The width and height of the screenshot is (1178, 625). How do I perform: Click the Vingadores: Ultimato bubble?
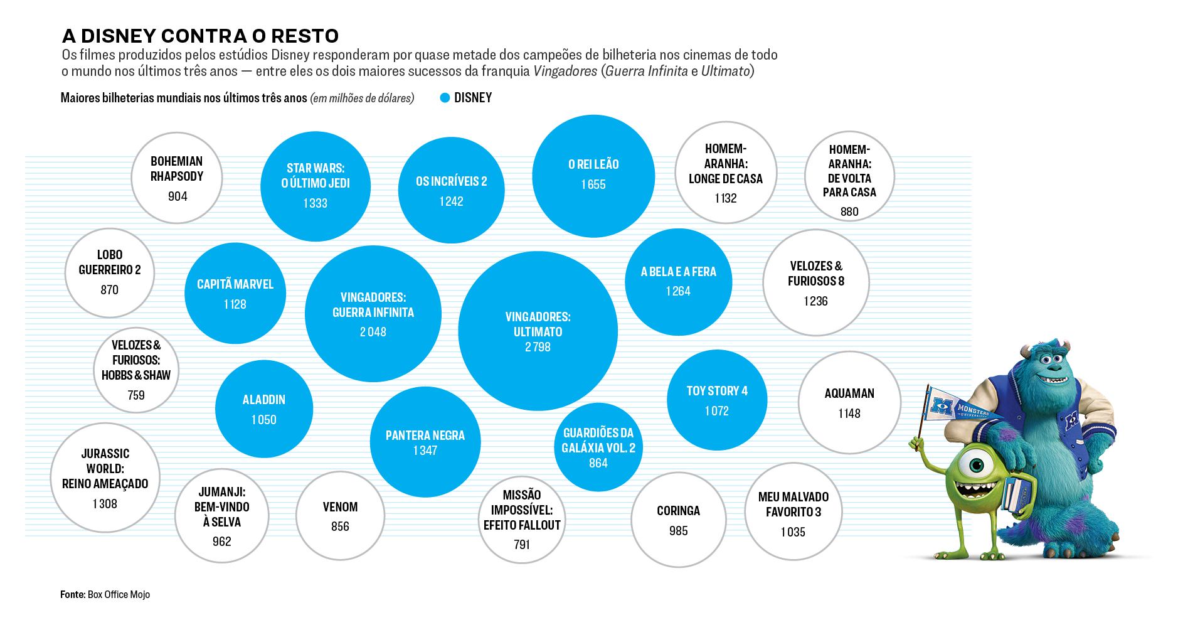538,331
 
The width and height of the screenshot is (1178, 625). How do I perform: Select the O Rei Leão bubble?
593,176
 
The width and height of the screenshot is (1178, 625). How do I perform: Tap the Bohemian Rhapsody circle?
177,178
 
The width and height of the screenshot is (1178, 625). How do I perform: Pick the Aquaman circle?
849,402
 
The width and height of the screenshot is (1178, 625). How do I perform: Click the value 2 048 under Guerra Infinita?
373,332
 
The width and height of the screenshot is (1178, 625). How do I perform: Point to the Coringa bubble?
678,520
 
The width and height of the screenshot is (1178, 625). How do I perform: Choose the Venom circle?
340,515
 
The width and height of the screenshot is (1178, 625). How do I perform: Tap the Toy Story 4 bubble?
717,400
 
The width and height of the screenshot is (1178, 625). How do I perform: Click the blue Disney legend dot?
445,98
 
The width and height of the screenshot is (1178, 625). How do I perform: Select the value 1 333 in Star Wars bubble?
315,203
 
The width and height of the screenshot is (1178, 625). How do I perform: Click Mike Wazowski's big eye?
976,465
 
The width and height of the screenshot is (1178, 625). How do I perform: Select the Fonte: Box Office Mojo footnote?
105,594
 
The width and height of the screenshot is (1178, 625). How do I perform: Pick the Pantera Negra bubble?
425,442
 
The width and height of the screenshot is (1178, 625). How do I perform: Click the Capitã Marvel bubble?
235,293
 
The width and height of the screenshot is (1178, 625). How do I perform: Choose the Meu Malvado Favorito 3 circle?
793,511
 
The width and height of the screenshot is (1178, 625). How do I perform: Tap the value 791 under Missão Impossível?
522,545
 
